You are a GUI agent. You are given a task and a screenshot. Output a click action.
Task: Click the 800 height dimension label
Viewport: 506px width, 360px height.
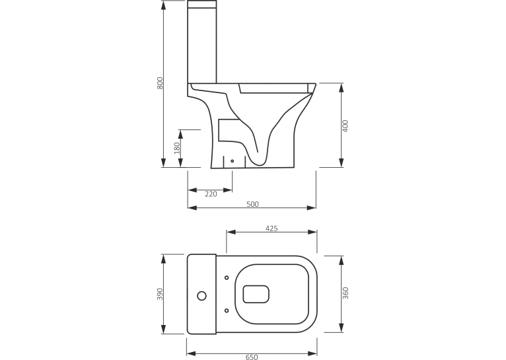pos(160,83)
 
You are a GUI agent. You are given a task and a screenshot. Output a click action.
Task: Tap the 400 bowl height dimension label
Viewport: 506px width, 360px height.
pos(345,126)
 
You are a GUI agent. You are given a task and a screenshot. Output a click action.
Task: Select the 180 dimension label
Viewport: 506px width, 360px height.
pos(177,148)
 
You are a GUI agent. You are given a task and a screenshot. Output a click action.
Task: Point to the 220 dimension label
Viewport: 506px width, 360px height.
pos(211,194)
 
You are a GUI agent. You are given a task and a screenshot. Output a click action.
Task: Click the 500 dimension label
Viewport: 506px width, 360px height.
pos(253,204)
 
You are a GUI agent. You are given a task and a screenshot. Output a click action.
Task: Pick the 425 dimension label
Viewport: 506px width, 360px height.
pos(271,229)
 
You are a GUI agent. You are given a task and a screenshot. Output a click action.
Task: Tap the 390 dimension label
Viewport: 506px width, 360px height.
pos(160,294)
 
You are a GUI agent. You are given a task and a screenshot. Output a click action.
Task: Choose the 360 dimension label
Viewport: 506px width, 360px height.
pos(345,293)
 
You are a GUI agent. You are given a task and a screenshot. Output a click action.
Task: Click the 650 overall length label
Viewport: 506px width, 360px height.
pos(252,357)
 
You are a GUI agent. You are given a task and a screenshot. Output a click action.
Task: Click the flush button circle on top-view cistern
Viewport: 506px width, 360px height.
pos(201,295)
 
